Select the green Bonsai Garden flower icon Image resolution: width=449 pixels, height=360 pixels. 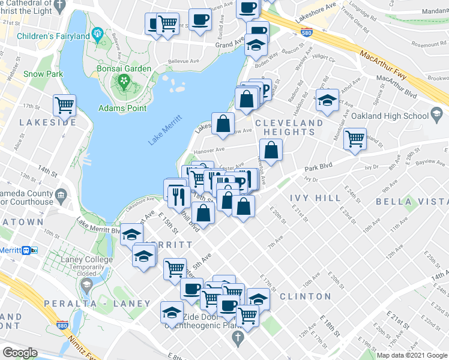124,80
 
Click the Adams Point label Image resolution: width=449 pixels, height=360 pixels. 123,108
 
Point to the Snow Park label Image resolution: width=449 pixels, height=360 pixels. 43,74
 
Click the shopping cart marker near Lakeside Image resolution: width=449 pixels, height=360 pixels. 64,106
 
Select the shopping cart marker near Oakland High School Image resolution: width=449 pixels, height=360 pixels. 355,137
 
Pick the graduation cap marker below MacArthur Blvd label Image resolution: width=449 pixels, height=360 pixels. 328,100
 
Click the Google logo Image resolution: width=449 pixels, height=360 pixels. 20,352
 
